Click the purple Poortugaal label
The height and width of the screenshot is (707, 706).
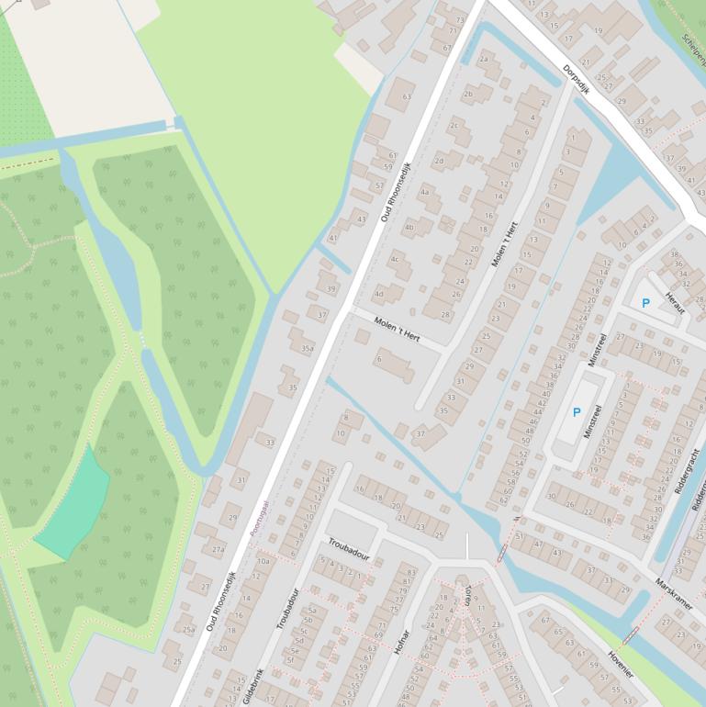(x=260, y=518)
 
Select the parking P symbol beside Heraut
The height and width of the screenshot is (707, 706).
(x=645, y=303)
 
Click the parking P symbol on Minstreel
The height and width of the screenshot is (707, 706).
(x=577, y=412)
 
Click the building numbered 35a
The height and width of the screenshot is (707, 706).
(x=307, y=348)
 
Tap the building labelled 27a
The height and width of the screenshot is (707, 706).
(x=218, y=550)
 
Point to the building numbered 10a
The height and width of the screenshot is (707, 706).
(x=263, y=560)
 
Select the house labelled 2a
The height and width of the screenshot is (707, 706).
(x=484, y=62)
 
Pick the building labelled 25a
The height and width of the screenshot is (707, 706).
(x=187, y=629)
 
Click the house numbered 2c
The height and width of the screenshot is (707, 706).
(x=454, y=127)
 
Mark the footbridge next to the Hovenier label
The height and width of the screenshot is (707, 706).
(x=630, y=635)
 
